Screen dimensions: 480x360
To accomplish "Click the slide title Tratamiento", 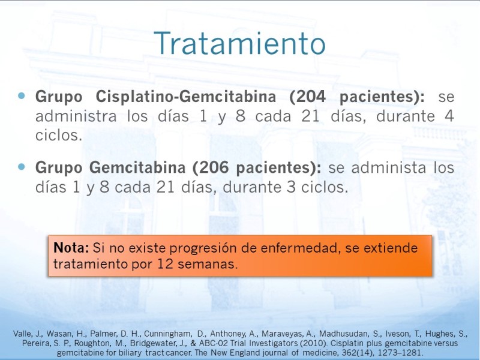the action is [x=239, y=43].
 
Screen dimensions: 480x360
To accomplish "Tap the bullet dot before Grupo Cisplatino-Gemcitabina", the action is [x=22, y=96].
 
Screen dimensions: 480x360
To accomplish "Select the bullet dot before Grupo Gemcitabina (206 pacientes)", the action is [x=22, y=167].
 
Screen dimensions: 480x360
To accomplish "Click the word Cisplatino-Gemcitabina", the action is [x=186, y=97].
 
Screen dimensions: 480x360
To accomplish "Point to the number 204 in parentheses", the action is [x=307, y=97].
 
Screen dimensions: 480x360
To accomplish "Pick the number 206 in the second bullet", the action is [x=215, y=167].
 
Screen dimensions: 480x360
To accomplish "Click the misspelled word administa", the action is [x=388, y=167].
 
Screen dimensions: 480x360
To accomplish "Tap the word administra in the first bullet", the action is [x=76, y=116].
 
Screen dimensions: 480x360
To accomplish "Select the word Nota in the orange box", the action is [x=71, y=247].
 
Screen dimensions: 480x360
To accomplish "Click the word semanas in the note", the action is [x=208, y=264].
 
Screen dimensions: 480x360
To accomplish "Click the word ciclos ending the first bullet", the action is [x=59, y=136].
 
